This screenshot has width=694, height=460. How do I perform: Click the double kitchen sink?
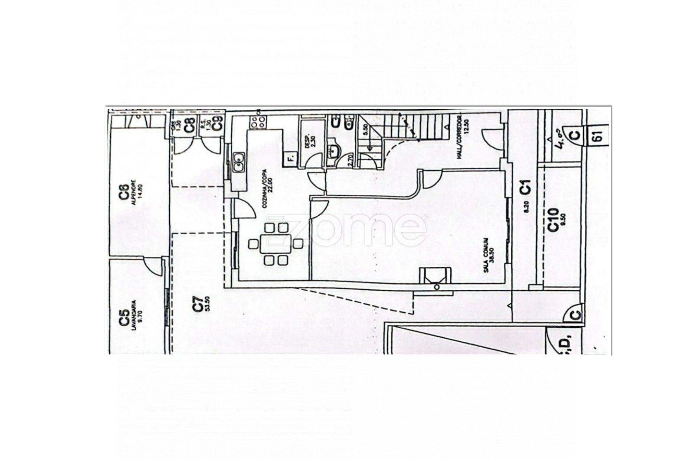click(238, 163)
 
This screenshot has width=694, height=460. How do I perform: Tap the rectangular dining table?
click(276, 244)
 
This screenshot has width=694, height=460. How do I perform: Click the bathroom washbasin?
click(334, 152)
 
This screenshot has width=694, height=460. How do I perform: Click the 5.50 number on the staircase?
click(365, 130)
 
